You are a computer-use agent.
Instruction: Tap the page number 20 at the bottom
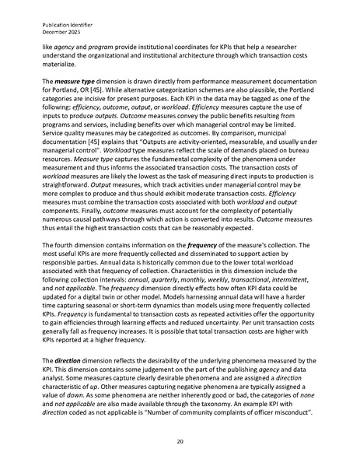pos(180,440)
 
